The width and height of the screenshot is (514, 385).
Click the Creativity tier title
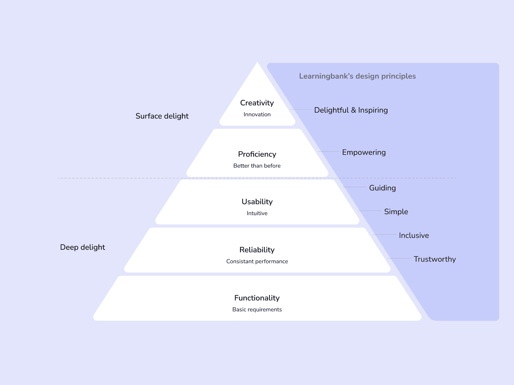[x=257, y=103]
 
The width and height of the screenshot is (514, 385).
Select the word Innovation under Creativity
[x=257, y=115]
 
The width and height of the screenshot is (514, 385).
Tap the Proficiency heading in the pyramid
[x=257, y=154]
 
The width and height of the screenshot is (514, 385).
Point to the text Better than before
[x=257, y=166]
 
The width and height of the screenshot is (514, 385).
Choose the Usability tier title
[x=257, y=202]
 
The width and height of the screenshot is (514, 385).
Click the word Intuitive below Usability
[x=257, y=213]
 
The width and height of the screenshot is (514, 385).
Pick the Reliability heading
[x=257, y=250]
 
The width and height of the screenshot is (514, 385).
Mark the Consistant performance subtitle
[x=257, y=261]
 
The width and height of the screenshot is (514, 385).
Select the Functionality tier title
[x=257, y=298]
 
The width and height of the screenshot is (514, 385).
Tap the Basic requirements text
[x=257, y=310]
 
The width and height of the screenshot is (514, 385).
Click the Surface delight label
[x=162, y=116]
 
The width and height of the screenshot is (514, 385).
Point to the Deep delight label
[x=83, y=247]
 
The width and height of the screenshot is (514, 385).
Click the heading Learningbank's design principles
[x=357, y=76]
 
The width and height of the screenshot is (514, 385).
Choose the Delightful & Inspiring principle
[x=351, y=110]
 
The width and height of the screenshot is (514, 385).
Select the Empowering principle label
[x=364, y=152]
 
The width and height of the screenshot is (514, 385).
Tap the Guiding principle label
[x=382, y=188]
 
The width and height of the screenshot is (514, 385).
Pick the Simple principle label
[x=396, y=212]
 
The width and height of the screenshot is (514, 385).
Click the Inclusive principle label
[x=414, y=235]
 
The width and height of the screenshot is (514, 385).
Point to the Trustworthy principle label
[x=435, y=259]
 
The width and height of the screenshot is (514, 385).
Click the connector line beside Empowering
[x=329, y=151]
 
